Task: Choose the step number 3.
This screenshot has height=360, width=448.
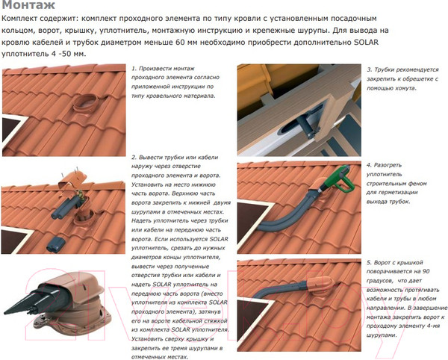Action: (368, 68)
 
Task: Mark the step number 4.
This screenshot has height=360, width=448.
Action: (368, 164)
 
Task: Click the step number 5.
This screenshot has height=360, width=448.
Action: (368, 263)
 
